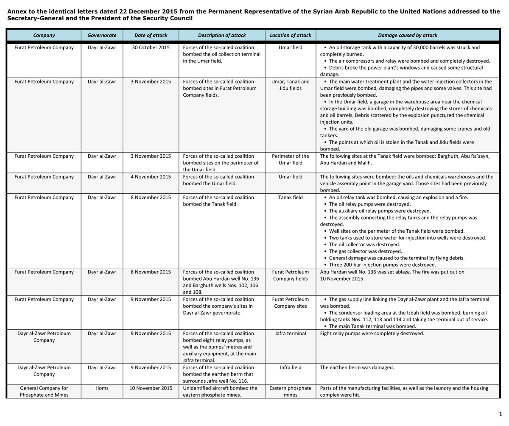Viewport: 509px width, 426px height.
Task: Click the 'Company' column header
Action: [x=44, y=36]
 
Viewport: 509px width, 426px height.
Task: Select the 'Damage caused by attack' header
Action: [x=407, y=36]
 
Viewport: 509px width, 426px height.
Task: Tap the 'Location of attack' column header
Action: [x=291, y=36]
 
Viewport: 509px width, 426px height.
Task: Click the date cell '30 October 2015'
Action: [x=151, y=47]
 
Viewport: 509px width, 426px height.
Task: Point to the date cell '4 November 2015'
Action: [x=151, y=177]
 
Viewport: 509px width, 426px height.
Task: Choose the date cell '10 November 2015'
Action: [x=151, y=388]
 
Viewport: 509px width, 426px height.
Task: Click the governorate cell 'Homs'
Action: [x=102, y=388]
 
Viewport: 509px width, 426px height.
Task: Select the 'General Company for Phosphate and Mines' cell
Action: [x=44, y=391]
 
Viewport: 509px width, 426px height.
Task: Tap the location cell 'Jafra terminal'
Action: [x=291, y=334]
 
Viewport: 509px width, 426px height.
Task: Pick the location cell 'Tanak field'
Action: [x=291, y=198]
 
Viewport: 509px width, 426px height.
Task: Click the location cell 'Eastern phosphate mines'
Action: [x=291, y=391]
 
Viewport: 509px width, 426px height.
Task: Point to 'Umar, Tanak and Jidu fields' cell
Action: [x=291, y=85]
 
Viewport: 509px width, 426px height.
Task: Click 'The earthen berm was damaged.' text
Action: [x=357, y=368]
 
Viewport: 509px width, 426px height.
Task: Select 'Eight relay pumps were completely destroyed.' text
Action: [x=372, y=334]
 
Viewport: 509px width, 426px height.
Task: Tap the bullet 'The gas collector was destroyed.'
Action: [x=365, y=251]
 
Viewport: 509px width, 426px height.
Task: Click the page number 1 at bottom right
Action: [x=501, y=414]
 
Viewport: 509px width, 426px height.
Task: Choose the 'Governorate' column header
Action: [x=102, y=36]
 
